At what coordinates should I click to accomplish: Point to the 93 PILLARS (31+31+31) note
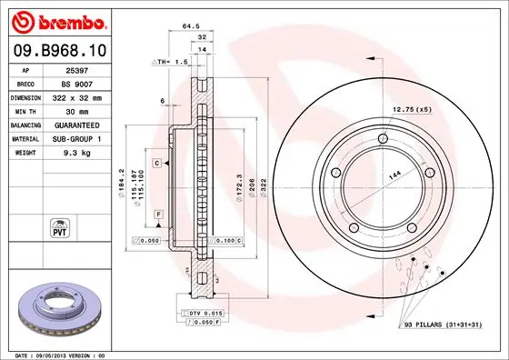click(443, 325)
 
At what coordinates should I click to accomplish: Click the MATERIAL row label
click(24, 139)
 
